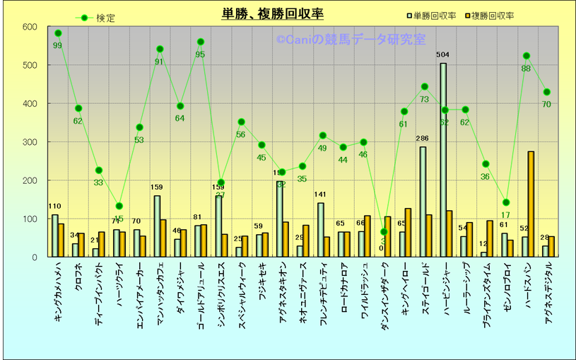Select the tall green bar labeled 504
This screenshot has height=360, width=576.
[x=443, y=160]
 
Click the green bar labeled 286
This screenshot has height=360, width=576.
[x=423, y=202]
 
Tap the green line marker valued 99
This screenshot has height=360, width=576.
[x=58, y=33]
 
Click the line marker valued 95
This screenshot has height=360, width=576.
[x=201, y=42]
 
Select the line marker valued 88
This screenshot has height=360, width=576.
[x=527, y=56]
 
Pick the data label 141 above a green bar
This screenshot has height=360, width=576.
[x=320, y=195]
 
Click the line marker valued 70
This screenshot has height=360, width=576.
[x=546, y=92]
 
